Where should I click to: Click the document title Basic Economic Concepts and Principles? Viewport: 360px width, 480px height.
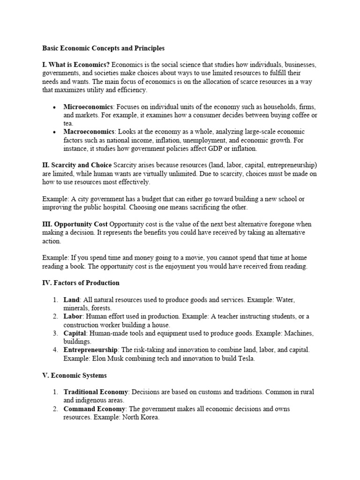point(104,48)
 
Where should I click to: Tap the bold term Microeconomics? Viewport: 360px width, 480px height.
point(88,107)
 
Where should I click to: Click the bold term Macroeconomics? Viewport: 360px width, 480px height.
point(89,132)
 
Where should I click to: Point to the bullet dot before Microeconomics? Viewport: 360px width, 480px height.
point(55,107)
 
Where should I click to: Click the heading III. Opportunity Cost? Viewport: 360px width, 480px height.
point(75,224)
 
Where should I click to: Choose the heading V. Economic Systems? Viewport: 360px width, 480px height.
point(75,375)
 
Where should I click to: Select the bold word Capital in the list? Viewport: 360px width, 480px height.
point(75,333)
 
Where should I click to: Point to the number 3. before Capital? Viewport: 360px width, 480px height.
point(55,333)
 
